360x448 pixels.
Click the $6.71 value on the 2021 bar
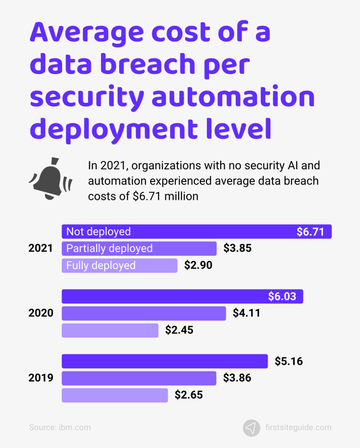pyautogui.click(x=311, y=232)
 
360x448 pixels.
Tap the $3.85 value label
pyautogui.click(x=238, y=248)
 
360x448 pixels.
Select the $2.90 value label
pyautogui.click(x=198, y=265)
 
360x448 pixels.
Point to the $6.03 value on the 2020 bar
pyautogui.click(x=282, y=297)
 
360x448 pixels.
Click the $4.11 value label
pyautogui.click(x=247, y=313)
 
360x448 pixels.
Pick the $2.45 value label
pyautogui.click(x=179, y=330)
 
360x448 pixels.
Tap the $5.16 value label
pyautogui.click(x=289, y=362)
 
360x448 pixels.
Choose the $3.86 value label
pyautogui.click(x=237, y=378)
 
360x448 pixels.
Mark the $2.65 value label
pyautogui.click(x=189, y=395)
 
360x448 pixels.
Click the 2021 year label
pyautogui.click(x=41, y=248)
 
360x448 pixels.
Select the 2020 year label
pyautogui.click(x=41, y=313)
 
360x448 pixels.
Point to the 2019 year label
pyautogui.click(x=41, y=378)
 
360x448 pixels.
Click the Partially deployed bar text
pyautogui.click(x=109, y=248)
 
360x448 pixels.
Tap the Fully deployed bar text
pyautogui.click(x=101, y=265)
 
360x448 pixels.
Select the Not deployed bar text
pyautogui.click(x=98, y=232)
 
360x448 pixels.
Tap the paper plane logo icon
pyautogui.click(x=251, y=427)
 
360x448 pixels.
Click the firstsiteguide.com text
pyautogui.click(x=297, y=427)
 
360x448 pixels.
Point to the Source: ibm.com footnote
pyautogui.click(x=60, y=427)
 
